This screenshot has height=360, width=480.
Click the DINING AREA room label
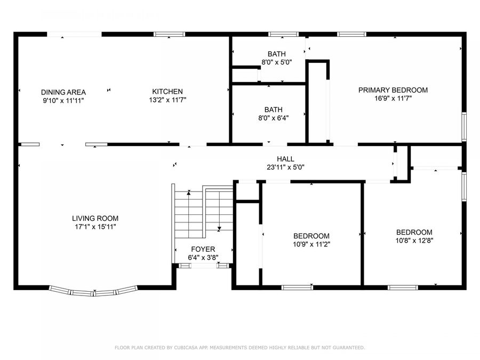pos(63,92)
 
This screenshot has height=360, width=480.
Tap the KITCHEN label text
pos(167,92)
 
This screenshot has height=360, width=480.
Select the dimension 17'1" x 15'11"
pos(95,227)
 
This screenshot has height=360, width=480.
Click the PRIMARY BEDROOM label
pos(393,90)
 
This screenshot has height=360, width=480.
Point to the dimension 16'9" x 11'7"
pos(393,98)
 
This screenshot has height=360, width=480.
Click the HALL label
pos(285,159)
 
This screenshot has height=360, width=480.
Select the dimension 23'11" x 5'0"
pos(285,167)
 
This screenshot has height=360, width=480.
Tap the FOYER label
pos(203,249)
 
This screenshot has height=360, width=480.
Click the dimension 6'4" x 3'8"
pos(203,258)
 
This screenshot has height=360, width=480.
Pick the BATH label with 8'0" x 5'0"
pos(276,54)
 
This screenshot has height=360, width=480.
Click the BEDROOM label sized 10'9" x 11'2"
pos(311,236)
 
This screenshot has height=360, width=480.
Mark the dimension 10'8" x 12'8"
pos(414,241)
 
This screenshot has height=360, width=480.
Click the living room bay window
pos(94,292)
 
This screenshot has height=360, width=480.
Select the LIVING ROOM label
pos(95,218)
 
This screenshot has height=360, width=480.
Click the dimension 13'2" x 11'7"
pos(167,100)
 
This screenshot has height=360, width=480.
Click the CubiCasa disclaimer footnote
pos(240,348)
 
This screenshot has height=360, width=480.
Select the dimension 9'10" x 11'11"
pos(63,100)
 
